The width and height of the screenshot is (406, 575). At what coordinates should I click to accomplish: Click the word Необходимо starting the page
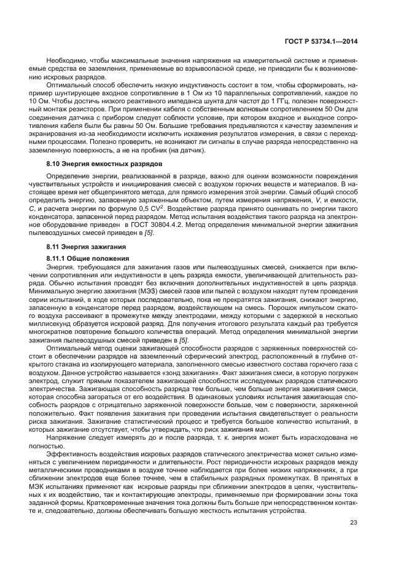(x=66, y=62)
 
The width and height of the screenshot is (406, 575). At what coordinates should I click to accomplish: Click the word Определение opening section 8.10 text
(x=69, y=176)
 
